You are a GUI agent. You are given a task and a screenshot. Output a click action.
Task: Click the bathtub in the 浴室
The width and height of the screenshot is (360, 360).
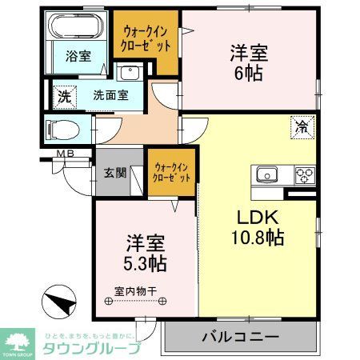click(78, 26)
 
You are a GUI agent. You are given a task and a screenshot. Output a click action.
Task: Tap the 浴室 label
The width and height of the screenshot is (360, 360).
click(78, 57)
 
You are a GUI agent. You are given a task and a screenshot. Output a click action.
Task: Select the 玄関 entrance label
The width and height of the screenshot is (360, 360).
click(114, 172)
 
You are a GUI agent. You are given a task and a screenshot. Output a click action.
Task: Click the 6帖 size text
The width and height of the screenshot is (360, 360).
click(248, 74)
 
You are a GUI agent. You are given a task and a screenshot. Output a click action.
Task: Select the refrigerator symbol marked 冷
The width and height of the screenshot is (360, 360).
click(302, 125)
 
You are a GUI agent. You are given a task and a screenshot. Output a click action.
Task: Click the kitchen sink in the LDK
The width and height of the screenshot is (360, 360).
click(266, 174)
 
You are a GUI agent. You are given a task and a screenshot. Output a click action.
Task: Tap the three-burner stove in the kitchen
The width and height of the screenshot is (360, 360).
click(304, 174)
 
